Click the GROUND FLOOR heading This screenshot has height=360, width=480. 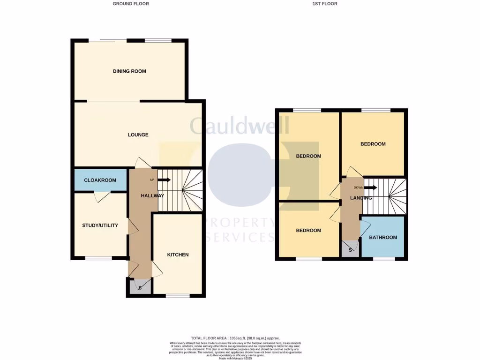131,4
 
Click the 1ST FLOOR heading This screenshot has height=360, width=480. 325,4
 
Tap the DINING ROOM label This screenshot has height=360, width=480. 129,71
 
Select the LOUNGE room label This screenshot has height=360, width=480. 138,135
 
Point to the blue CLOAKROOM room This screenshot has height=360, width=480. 100,180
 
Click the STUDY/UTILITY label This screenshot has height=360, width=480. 100,225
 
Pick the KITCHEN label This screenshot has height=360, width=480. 178,255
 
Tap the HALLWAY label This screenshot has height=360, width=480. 152,196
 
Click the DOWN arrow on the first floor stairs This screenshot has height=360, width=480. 370,187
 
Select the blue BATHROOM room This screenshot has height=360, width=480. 383,237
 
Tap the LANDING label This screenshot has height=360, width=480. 361,198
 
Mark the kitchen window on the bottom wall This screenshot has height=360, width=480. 178,296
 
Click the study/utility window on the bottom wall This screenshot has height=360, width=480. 98,258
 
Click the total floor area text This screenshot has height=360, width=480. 235,338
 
